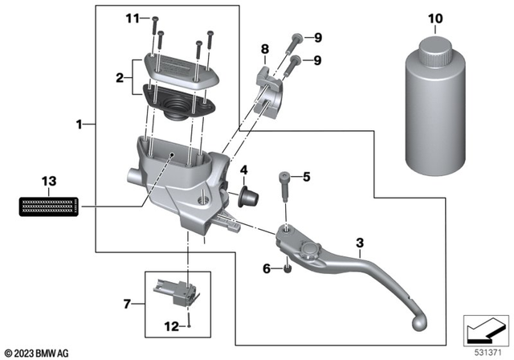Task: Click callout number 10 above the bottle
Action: (434, 18)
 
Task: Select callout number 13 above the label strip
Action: (50, 182)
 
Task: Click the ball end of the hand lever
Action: (418, 321)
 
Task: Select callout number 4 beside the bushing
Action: (243, 170)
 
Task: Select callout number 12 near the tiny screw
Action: (171, 327)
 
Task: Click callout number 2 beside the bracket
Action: (120, 78)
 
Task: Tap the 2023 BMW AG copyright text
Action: (37, 353)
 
